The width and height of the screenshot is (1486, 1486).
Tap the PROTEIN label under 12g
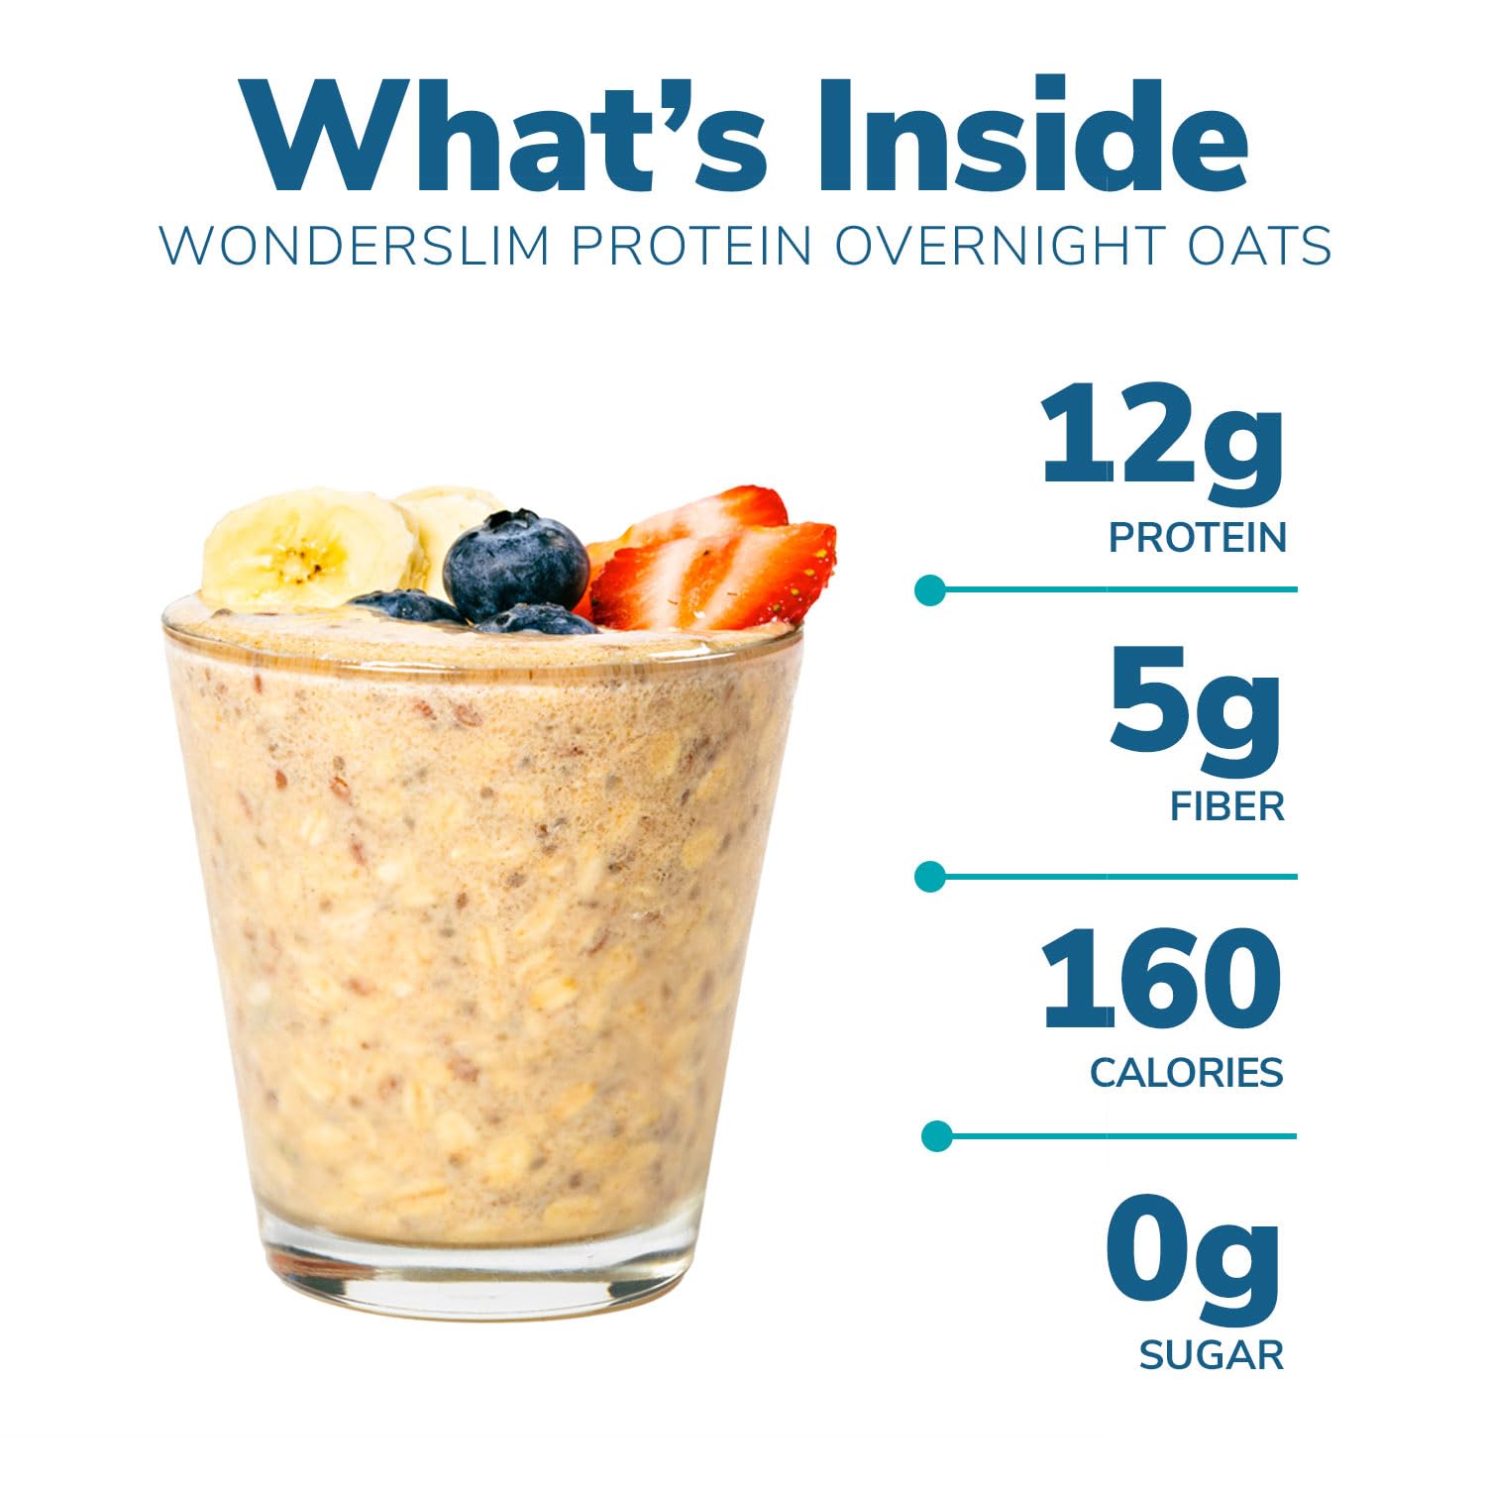1198,538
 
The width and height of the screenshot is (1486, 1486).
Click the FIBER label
1227,806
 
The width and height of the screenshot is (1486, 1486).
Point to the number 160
1162,978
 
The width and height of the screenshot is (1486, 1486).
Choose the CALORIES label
1187,1073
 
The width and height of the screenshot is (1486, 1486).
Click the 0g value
1194,1257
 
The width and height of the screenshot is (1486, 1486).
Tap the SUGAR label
1212,1354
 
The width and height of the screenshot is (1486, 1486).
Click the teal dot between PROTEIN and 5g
929,589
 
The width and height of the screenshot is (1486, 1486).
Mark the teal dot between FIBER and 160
930,877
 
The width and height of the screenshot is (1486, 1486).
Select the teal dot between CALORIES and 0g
936,1136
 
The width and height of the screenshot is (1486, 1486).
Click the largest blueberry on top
515,566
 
